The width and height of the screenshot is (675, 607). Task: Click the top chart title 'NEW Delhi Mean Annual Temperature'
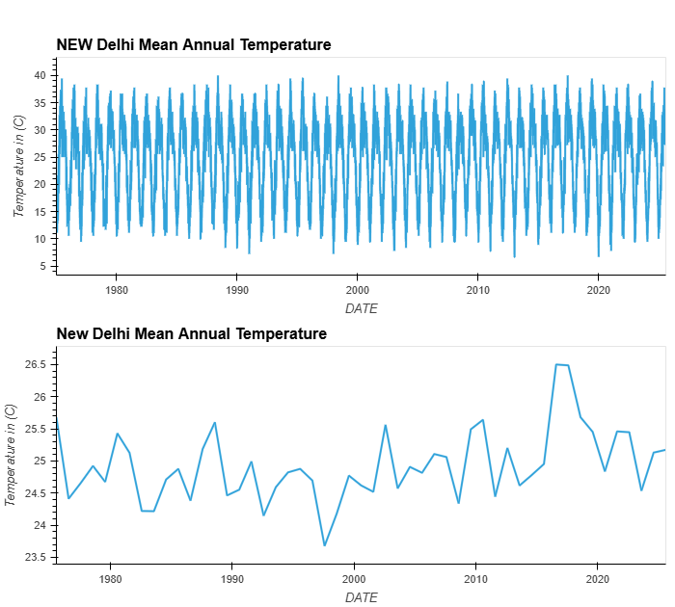[194, 44]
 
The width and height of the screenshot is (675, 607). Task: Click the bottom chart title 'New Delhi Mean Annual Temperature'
[192, 333]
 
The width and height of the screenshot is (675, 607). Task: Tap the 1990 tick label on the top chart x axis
[236, 290]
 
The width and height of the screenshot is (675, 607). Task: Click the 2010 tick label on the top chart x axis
[477, 290]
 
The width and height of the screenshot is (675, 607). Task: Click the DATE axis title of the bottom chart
[361, 597]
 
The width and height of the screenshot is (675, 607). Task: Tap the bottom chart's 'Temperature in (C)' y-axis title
[10, 455]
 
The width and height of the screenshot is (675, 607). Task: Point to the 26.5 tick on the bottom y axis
[35, 364]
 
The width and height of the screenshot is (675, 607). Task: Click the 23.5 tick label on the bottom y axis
[35, 557]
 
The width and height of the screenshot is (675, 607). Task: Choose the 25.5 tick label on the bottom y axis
[35, 429]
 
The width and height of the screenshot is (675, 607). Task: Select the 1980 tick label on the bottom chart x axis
[111, 579]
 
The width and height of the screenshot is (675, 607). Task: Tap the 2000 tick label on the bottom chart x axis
[354, 579]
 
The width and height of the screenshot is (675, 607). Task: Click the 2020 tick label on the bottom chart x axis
[598, 579]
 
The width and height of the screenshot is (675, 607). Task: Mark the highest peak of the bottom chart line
[556, 364]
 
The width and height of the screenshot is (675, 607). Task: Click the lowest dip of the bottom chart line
[324, 545]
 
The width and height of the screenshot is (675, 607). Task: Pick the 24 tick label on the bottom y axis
[40, 525]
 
